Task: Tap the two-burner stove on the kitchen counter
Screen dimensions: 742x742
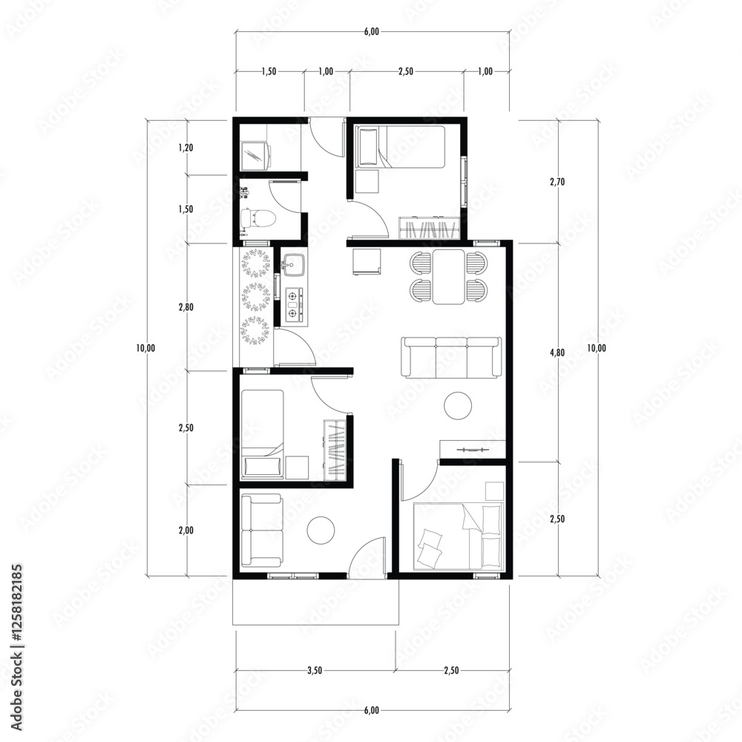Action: point(295,303)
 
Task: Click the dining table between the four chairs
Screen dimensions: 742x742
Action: point(449,277)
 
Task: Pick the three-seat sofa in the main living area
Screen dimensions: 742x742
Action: point(451,358)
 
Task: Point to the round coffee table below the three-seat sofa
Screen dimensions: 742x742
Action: point(458,405)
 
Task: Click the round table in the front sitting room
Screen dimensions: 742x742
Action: point(321,530)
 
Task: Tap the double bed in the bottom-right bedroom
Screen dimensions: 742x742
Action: point(457,536)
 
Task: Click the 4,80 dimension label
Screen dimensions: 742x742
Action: point(557,353)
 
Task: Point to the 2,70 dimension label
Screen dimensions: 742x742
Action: point(557,181)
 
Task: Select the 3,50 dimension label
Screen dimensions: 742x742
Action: point(315,671)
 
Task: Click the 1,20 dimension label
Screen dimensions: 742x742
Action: point(186,148)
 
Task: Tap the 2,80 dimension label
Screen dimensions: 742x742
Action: point(186,307)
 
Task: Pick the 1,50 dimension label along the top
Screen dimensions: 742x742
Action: point(269,71)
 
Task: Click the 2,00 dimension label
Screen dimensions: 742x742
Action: point(186,531)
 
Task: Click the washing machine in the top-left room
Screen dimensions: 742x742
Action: point(255,156)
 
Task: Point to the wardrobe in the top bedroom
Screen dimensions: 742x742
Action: point(430,229)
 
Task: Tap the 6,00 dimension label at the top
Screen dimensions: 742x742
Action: point(372,32)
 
